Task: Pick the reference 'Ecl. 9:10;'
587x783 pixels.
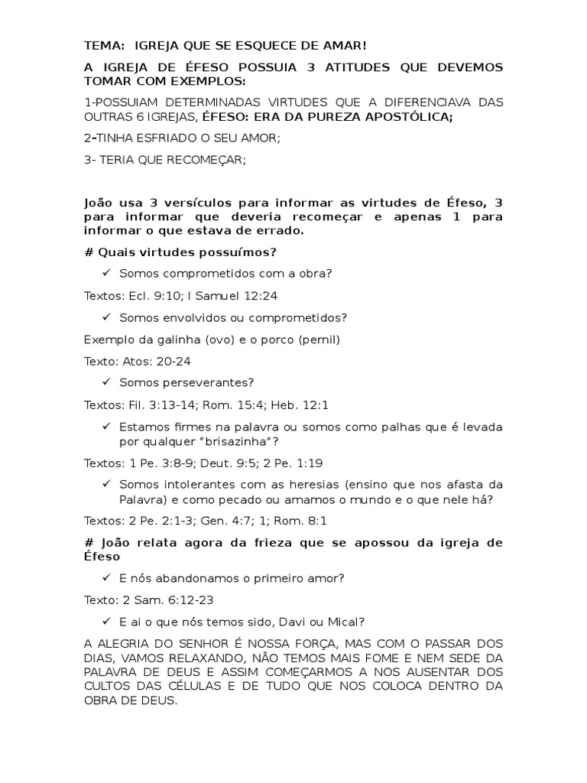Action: (x=148, y=295)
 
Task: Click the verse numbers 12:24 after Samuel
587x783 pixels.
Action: (x=246, y=295)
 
